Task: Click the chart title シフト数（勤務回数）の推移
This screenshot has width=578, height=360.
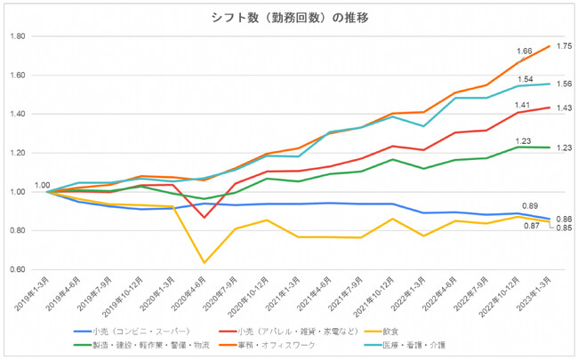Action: (289, 17)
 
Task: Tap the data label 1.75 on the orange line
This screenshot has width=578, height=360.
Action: (564, 46)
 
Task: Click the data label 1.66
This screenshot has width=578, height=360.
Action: (525, 52)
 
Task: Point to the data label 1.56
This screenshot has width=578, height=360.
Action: (564, 84)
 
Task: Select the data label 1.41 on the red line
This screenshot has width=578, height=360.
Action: (525, 104)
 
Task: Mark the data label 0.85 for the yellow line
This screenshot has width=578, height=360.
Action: (564, 228)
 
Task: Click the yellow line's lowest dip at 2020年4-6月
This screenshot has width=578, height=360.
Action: (205, 262)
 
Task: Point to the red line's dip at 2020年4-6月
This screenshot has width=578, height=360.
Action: (205, 217)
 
